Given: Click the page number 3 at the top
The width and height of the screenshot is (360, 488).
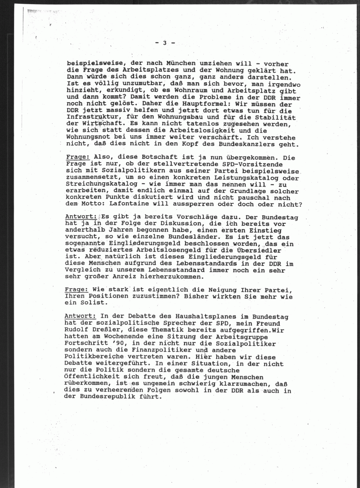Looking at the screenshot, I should coord(165,43).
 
